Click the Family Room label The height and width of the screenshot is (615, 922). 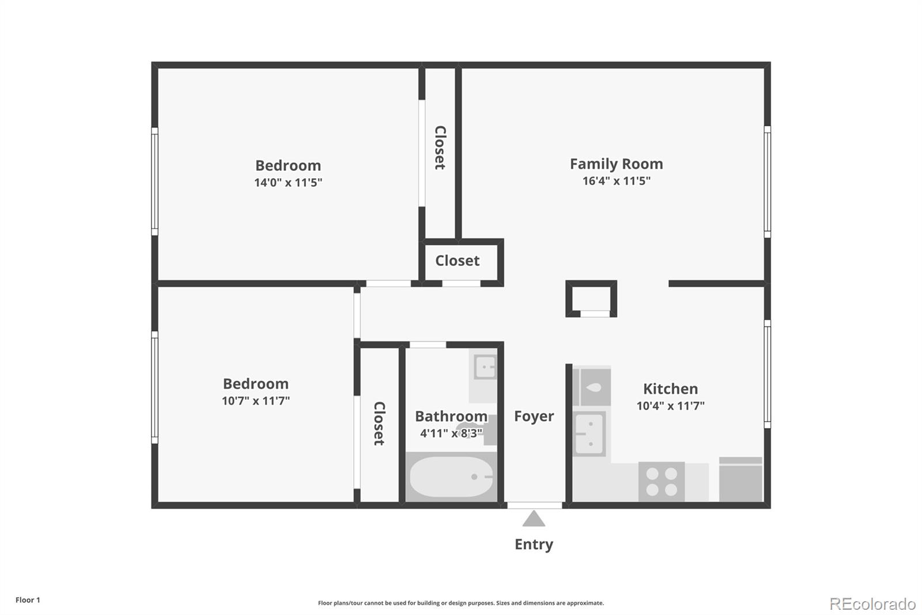pyautogui.click(x=616, y=164)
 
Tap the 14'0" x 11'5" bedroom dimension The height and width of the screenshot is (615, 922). pyautogui.click(x=288, y=183)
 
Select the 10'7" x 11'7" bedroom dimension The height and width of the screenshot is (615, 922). pyautogui.click(x=255, y=401)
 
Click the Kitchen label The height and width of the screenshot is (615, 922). pyautogui.click(x=670, y=389)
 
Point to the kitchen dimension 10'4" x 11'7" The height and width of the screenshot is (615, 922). pyautogui.click(x=670, y=406)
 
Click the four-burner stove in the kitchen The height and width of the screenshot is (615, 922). pyautogui.click(x=662, y=482)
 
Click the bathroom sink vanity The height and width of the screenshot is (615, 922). pyautogui.click(x=484, y=367)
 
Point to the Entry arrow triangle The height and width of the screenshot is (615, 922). pyautogui.click(x=534, y=519)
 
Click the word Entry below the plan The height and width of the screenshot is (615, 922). pyautogui.click(x=534, y=545)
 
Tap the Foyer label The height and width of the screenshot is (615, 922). pyautogui.click(x=534, y=417)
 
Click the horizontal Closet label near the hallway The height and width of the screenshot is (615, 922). pyautogui.click(x=457, y=261)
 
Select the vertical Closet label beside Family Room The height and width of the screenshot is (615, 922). pyautogui.click(x=440, y=148)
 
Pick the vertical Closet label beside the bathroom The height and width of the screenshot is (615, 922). pyautogui.click(x=379, y=423)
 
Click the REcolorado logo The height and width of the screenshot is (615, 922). pyautogui.click(x=872, y=603)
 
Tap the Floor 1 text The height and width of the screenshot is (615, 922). pyautogui.click(x=28, y=600)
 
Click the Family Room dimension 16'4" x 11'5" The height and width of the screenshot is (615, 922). pyautogui.click(x=616, y=181)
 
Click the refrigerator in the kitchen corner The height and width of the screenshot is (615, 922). pyautogui.click(x=740, y=479)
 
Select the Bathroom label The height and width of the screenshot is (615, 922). pyautogui.click(x=451, y=417)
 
